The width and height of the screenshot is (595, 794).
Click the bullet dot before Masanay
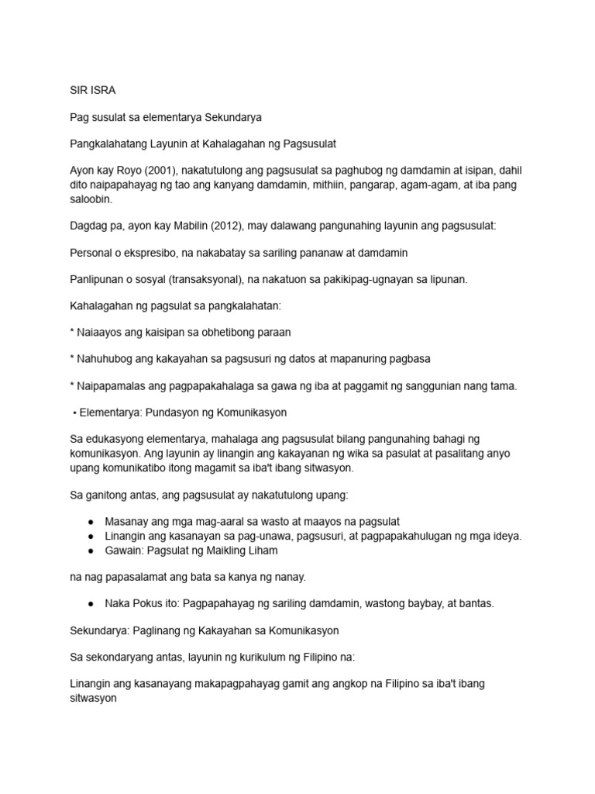point(91,522)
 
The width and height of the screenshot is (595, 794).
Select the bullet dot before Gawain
point(91,550)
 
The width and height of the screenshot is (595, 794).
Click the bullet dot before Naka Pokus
point(91,603)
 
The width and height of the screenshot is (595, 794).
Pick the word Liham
point(263,550)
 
